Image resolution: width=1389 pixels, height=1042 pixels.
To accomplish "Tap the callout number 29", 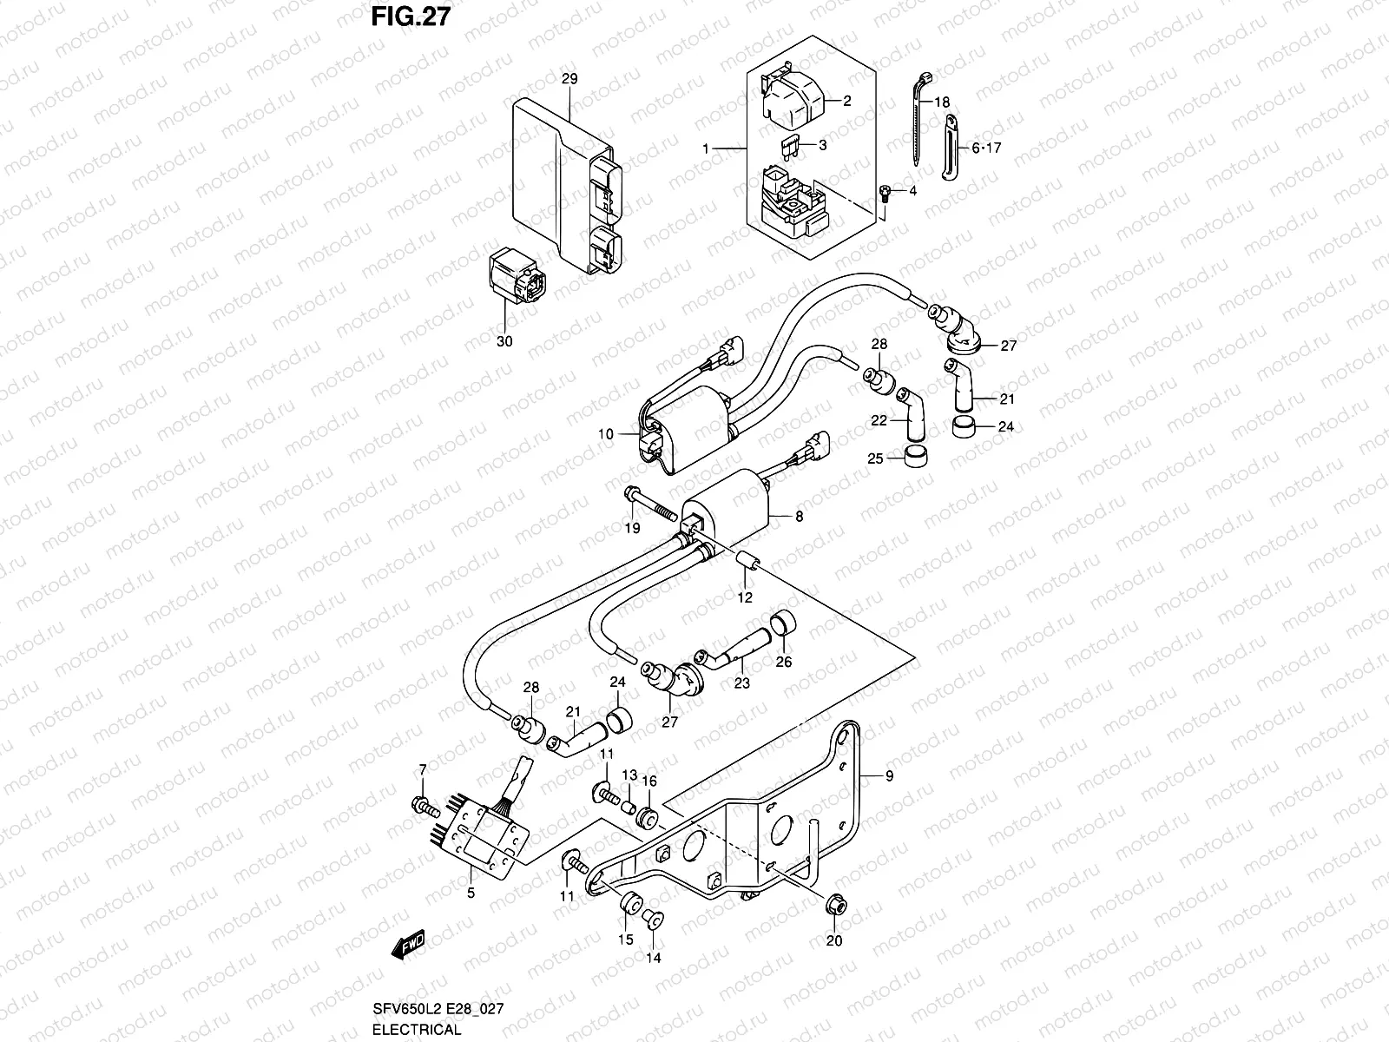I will click(x=569, y=78).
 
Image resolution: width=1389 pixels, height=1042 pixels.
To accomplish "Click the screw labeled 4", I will click(x=884, y=193).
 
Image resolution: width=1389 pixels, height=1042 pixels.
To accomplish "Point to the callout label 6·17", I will click(x=986, y=148).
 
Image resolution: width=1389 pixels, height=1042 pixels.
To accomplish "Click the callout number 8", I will click(x=799, y=516).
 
